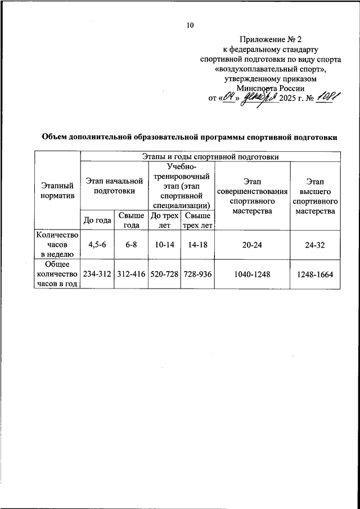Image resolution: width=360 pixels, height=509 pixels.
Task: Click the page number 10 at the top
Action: point(190,25)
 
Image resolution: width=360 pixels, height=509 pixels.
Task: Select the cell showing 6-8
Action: point(132,245)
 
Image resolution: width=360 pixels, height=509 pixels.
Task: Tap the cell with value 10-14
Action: point(165,245)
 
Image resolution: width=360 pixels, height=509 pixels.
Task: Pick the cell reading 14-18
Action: point(197,245)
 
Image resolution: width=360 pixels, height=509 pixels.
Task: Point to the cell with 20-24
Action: point(252,245)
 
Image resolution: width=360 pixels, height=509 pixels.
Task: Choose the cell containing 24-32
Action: point(315,245)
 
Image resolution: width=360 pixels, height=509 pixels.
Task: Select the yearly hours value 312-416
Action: point(132,274)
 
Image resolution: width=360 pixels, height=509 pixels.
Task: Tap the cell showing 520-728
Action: point(165,274)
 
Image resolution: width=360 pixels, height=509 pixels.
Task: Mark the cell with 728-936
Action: point(197,274)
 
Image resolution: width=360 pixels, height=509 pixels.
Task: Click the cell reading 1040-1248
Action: point(252,274)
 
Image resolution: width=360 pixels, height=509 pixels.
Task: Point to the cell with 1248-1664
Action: point(315,274)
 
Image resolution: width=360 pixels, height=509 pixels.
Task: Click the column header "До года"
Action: point(97,220)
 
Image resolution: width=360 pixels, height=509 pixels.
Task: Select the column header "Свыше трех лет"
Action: point(197,220)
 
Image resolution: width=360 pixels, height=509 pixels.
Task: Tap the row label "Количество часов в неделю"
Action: point(57,245)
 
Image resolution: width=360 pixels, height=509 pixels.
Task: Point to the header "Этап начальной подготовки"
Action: point(114,186)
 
